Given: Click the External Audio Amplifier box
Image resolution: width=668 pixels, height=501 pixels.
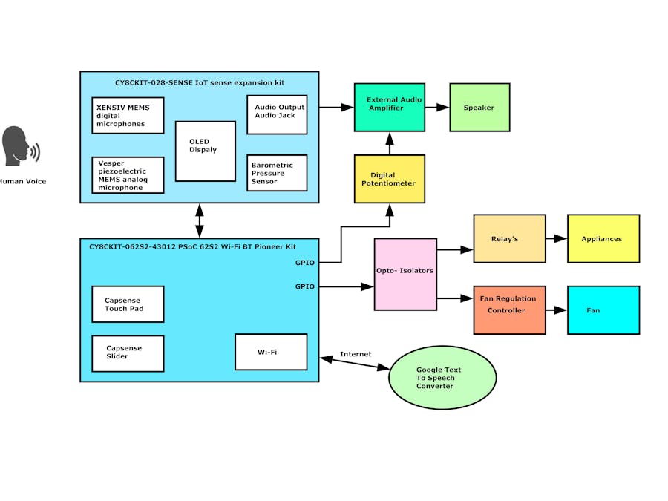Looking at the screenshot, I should [390, 108].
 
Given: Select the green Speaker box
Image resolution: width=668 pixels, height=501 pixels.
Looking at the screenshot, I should [479, 108].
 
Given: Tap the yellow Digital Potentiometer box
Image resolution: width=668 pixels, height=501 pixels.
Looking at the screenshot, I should [390, 179].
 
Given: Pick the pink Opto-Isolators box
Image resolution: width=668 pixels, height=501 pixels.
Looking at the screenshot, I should [405, 274].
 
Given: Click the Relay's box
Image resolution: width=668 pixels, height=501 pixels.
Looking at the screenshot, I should [509, 238].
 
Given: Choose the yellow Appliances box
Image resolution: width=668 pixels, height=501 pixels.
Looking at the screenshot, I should [603, 238].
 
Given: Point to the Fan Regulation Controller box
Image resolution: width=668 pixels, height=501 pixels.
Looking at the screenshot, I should [509, 310].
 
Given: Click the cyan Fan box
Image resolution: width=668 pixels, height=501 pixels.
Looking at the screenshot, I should [603, 310].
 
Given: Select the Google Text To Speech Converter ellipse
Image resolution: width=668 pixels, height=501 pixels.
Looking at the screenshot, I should [442, 377].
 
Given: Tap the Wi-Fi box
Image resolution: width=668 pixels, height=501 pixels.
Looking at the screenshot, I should [271, 352].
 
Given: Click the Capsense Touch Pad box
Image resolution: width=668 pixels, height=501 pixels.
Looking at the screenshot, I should [128, 304].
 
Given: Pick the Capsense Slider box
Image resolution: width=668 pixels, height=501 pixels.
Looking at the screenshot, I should [128, 353].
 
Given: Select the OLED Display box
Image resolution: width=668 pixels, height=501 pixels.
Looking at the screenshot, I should [206, 151].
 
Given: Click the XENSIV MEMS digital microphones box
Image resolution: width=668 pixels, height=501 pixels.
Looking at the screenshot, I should [128, 115].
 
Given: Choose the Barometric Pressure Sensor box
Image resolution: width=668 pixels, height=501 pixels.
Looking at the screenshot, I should [277, 173].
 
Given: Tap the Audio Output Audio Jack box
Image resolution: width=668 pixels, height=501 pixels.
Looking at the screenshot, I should [277, 114].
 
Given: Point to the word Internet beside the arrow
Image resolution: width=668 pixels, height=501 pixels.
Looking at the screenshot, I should [356, 354].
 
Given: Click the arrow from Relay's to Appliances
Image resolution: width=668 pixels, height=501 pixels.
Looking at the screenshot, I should [556, 238].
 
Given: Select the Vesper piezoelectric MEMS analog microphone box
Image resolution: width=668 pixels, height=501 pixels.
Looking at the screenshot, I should [128, 174].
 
